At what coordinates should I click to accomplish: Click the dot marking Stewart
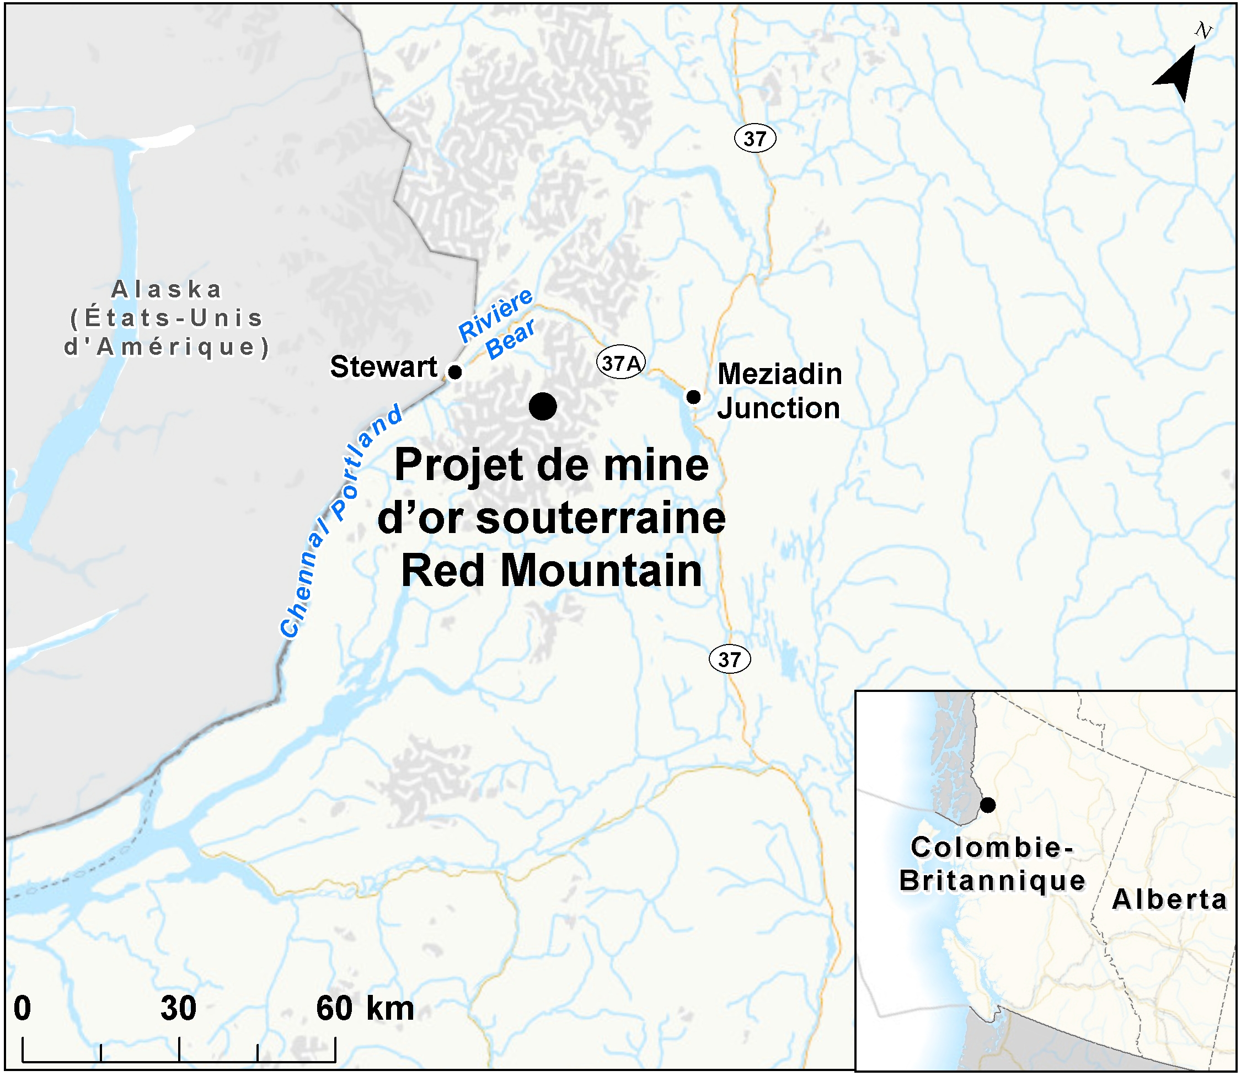455,372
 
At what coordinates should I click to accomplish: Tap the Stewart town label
384,367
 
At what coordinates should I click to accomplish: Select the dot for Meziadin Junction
693,396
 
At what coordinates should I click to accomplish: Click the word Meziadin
779,374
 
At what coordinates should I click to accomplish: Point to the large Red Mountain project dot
543,407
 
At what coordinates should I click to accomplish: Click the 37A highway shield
621,363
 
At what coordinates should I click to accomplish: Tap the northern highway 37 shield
755,139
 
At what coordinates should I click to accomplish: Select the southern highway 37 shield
729,659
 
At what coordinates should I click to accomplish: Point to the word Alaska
167,289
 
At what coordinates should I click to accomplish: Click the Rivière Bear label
496,325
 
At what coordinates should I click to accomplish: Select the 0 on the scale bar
22,1008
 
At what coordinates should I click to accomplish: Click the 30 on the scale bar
178,1008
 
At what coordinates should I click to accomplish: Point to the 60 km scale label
364,1008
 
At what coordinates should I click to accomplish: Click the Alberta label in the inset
1169,899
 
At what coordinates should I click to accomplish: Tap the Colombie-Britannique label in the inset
992,864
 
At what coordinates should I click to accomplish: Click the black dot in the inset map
987,805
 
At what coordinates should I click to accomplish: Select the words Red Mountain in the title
552,571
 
